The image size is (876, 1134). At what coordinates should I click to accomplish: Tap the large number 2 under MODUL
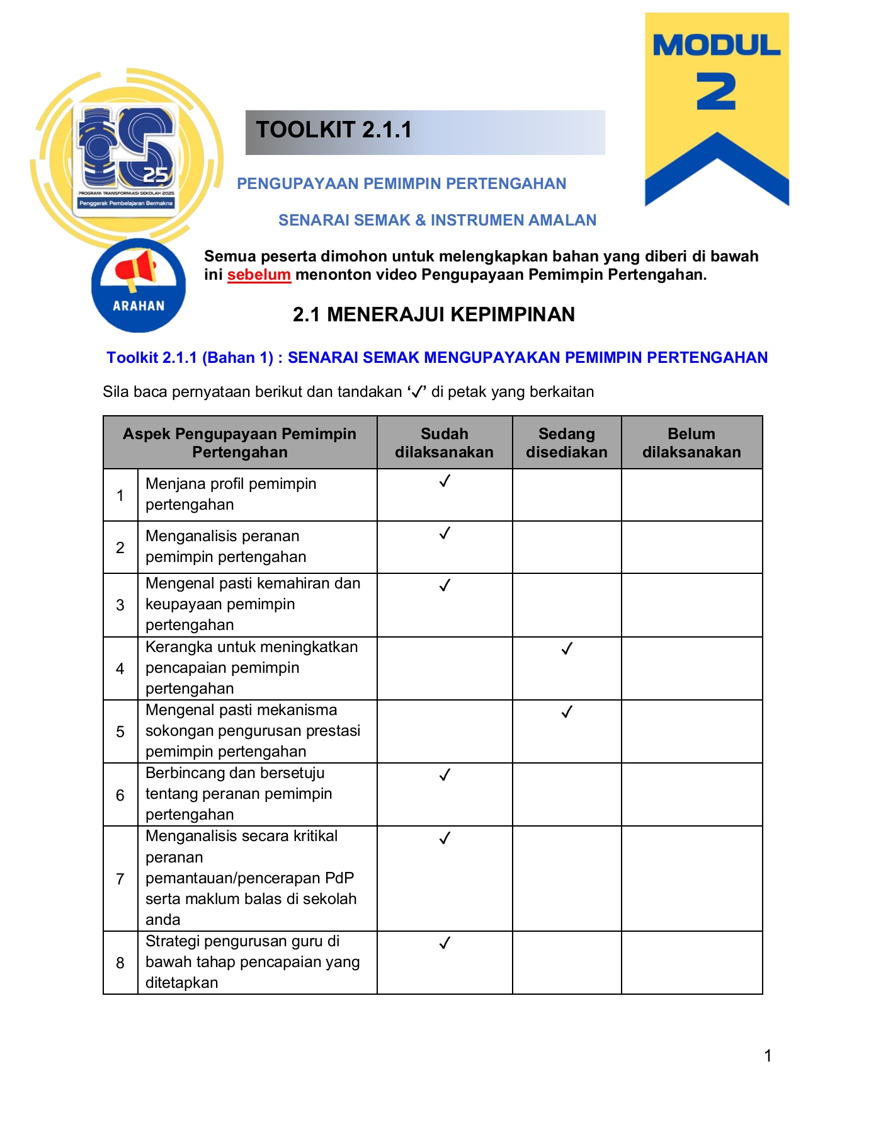click(716, 92)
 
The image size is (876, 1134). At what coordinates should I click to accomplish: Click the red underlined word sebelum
click(259, 275)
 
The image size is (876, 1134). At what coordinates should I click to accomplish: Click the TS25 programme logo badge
click(126, 159)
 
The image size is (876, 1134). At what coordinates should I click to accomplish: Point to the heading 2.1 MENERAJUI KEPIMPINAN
click(433, 314)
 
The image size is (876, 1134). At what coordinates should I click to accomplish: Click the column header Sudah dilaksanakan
click(444, 443)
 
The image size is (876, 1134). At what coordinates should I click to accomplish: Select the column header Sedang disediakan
click(566, 443)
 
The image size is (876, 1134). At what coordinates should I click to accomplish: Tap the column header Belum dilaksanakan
click(691, 443)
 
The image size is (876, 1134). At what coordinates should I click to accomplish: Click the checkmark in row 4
click(567, 648)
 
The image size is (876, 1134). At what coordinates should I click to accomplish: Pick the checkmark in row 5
click(567, 711)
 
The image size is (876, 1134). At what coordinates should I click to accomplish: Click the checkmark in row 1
click(445, 481)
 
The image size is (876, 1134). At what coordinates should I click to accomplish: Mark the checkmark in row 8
click(445, 942)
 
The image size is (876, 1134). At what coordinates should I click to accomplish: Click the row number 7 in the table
click(120, 878)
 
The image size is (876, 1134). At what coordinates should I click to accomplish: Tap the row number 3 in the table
click(120, 605)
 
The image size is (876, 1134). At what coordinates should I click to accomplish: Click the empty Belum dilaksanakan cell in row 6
click(691, 794)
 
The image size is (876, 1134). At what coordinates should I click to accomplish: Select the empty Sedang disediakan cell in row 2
click(566, 547)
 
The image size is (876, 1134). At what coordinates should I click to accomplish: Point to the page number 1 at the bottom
click(768, 1055)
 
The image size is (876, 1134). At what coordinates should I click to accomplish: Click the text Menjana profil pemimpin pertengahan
click(230, 494)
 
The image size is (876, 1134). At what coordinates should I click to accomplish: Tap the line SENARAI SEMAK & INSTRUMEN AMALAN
click(437, 220)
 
